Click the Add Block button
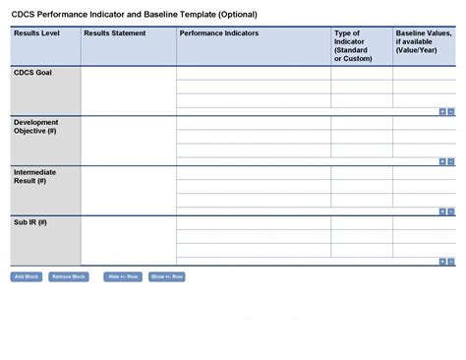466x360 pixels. pyautogui.click(x=27, y=276)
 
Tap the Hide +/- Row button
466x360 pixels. pyautogui.click(x=124, y=276)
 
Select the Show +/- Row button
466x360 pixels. pyautogui.click(x=167, y=276)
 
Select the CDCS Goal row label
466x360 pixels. pyautogui.click(x=33, y=74)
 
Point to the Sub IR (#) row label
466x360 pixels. pyautogui.click(x=30, y=222)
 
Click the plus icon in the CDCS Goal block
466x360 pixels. pyautogui.click(x=442, y=111)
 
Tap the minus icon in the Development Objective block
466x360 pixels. pyautogui.click(x=452, y=161)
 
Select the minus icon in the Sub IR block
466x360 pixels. pyautogui.click(x=452, y=262)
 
